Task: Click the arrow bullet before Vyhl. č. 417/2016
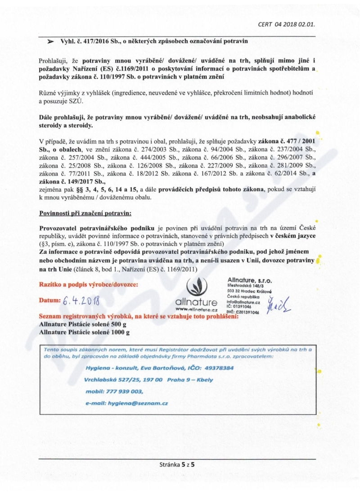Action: click(50, 42)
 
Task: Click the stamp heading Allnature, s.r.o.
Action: click(250, 280)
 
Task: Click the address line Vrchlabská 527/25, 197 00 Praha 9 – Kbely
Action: click(148, 379)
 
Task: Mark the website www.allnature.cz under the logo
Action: click(196, 309)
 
